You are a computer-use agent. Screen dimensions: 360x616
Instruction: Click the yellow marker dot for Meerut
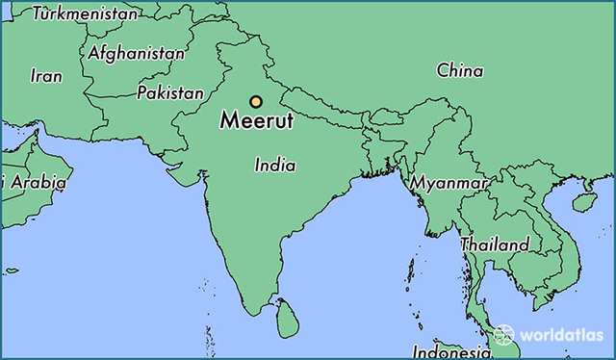point(256,102)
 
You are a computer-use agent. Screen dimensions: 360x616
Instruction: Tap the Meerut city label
point(257,123)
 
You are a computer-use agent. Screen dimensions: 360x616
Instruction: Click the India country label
point(275,166)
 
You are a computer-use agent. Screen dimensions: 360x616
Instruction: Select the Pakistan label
point(170,93)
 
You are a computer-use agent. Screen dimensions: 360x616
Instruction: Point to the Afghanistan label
point(136,54)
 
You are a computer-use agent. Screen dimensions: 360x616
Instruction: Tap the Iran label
point(46,75)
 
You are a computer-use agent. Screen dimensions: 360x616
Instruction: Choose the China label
point(460,70)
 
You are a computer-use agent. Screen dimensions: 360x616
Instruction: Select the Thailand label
point(494,244)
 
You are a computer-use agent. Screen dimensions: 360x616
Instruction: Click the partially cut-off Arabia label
point(35,181)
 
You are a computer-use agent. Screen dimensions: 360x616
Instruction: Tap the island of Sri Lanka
point(287,319)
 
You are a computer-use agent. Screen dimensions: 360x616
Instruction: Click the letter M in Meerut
point(229,123)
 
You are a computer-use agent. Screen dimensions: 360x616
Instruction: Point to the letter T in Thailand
point(465,244)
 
